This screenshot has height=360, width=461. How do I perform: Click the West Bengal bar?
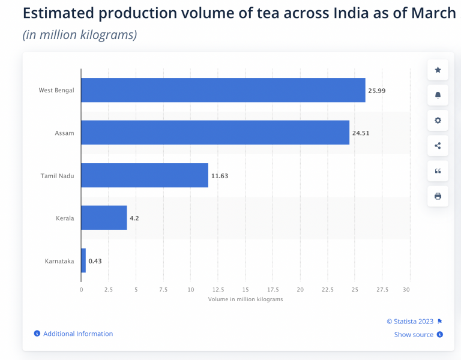[x=223, y=90]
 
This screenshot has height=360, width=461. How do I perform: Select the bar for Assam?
[x=215, y=133]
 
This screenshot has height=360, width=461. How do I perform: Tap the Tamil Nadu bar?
[x=145, y=175]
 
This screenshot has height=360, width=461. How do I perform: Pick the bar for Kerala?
[x=104, y=218]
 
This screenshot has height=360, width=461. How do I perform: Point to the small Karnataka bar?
[x=83, y=260]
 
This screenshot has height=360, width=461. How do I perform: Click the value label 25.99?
[x=377, y=91]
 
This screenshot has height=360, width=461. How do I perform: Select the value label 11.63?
[x=220, y=176]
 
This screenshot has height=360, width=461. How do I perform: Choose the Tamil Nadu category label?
[x=57, y=176]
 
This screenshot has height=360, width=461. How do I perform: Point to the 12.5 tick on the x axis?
[x=218, y=289]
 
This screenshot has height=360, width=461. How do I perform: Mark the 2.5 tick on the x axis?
[x=109, y=289]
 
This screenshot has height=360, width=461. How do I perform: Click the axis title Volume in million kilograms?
[x=245, y=299]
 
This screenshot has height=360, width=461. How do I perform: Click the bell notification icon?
[x=438, y=95]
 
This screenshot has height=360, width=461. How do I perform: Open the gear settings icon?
[x=438, y=121]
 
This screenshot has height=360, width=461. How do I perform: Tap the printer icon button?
[x=438, y=196]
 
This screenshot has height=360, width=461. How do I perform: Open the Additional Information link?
[x=77, y=334]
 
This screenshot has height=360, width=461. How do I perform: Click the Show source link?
[x=414, y=335]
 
